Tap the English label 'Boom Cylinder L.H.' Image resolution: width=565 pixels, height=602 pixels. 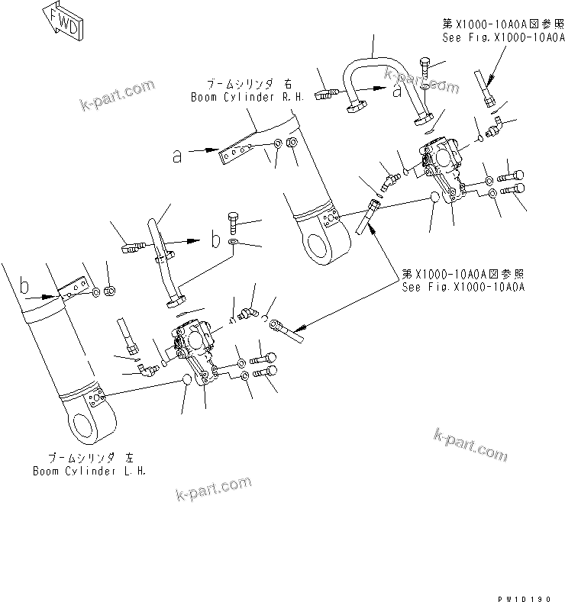click(x=89, y=470)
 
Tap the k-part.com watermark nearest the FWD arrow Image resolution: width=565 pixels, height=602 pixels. click(x=118, y=97)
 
